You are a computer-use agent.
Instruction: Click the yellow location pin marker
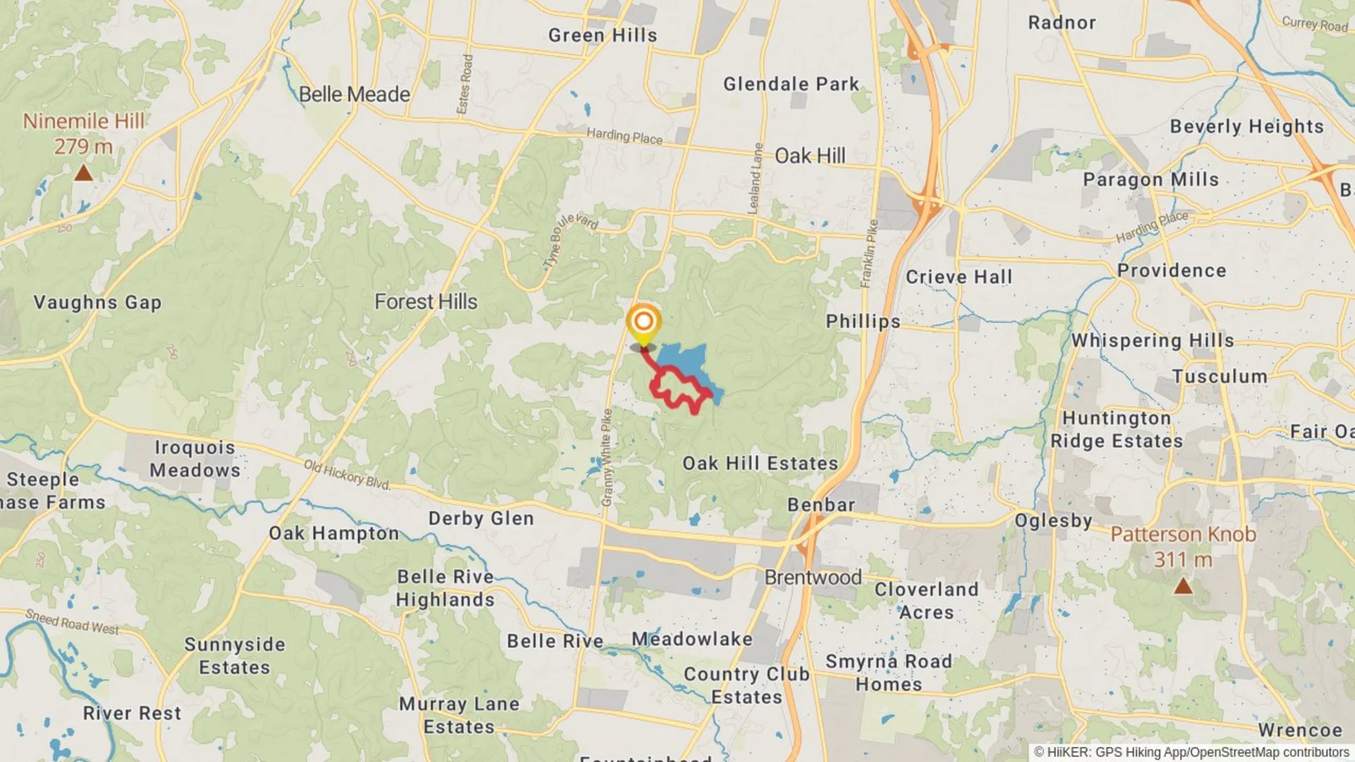coord(643,323)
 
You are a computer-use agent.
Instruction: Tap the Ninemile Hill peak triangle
coord(83,173)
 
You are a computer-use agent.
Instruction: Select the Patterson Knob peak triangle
coord(1183,586)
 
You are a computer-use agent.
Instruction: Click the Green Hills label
coord(602,35)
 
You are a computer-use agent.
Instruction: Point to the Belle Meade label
coord(354,94)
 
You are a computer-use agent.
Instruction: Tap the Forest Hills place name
coord(426,302)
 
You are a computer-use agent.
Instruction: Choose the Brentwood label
coord(813,577)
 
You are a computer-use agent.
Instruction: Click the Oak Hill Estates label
coord(760,464)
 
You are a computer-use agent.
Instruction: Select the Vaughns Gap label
coord(97,303)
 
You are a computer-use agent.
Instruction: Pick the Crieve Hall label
coord(958,277)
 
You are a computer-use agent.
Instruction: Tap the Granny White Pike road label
coord(606,457)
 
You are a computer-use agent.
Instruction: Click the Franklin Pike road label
coord(869,253)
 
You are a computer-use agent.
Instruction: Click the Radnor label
coord(1061,23)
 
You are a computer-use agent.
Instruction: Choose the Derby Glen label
coord(481,519)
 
